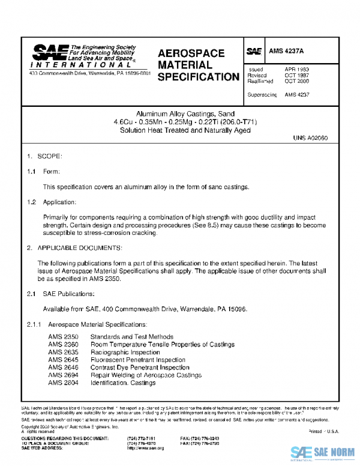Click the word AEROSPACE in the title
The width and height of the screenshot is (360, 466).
point(191,53)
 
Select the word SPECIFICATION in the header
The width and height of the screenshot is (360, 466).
point(198,77)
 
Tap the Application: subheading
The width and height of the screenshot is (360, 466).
point(59,202)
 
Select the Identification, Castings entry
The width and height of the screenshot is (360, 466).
point(122,383)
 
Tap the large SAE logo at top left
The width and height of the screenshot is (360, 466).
point(50,53)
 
